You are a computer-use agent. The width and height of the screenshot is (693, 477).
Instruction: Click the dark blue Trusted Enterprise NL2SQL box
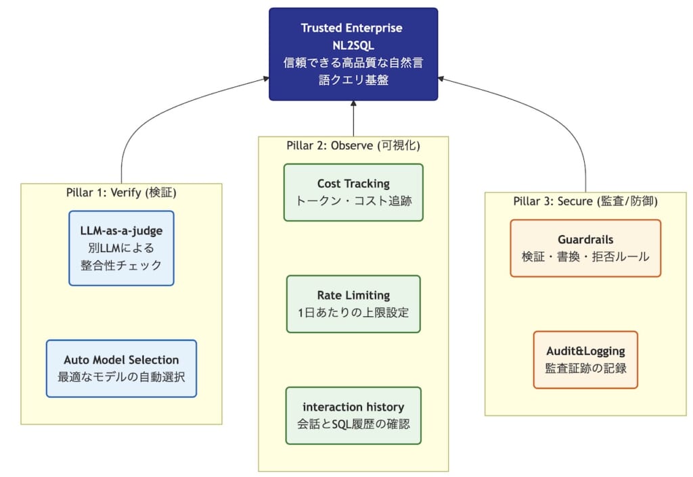[353, 54]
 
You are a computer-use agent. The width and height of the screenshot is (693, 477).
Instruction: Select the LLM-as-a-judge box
[121, 248]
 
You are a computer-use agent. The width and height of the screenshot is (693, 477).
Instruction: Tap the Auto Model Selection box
[121, 368]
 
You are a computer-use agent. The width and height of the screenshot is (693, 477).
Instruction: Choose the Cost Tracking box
[353, 192]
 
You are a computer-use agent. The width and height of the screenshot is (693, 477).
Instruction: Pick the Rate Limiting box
[353, 303]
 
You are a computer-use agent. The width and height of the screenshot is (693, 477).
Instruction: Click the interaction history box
[353, 415]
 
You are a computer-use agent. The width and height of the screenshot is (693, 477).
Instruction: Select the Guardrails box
[585, 248]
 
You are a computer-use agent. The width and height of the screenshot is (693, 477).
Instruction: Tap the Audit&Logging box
[585, 359]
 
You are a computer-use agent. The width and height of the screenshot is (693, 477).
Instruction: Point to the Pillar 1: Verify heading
[121, 193]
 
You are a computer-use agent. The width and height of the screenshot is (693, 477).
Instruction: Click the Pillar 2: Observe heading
[353, 145]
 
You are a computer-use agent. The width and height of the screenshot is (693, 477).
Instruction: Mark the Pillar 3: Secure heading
[585, 201]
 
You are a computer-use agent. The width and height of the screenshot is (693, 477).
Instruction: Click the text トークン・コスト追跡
[353, 201]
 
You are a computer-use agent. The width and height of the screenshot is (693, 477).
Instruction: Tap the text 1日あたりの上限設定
[353, 312]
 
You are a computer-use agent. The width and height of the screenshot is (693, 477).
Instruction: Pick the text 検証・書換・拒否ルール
[585, 257]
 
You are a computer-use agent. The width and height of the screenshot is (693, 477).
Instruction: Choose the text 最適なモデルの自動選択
[121, 377]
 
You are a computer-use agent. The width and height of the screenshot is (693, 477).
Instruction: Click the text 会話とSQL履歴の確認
[353, 424]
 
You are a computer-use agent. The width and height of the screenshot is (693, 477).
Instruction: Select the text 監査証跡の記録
[585, 369]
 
